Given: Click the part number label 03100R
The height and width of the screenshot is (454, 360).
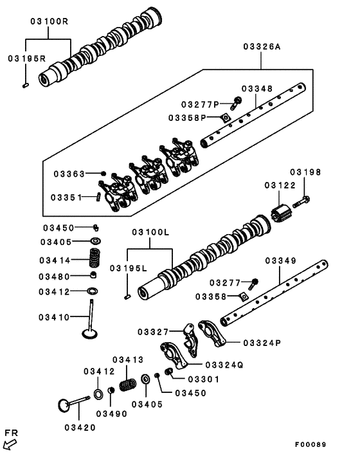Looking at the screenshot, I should pos(48,21).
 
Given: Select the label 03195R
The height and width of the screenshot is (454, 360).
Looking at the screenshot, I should pos(26,59).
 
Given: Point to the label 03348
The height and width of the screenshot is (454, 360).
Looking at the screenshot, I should pos(257,89).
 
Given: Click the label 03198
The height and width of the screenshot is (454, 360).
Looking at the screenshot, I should pos(305,172).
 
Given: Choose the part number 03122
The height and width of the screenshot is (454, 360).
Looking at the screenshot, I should pos(278,185).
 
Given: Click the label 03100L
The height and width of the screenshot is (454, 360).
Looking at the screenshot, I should pos(150,232).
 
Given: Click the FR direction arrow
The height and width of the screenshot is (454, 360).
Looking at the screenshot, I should pos(10,442).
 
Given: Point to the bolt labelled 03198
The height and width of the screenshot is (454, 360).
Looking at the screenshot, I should pos(303,203).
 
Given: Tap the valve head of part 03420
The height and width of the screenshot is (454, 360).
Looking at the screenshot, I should pos(64,406).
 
